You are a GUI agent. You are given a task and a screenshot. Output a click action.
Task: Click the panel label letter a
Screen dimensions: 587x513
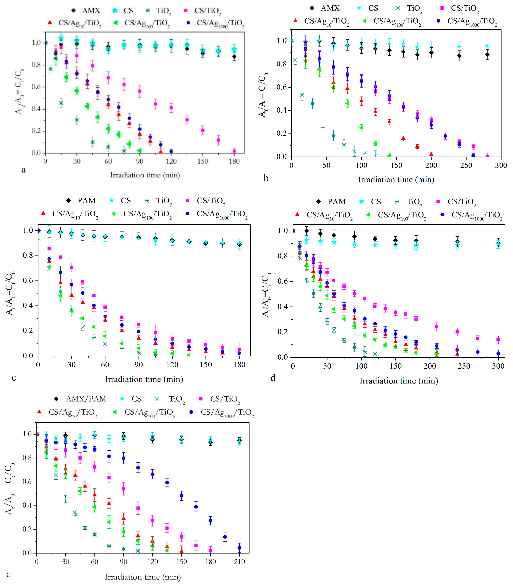pos(24,170)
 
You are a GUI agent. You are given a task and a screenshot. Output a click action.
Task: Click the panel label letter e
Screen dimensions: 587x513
pos(8,574)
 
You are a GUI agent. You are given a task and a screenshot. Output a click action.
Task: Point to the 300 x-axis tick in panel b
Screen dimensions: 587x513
pos(501,165)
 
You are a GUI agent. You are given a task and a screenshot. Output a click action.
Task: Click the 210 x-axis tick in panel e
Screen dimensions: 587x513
pos(239,562)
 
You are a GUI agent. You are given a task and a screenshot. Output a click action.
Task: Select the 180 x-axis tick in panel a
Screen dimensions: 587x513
pos(234,161)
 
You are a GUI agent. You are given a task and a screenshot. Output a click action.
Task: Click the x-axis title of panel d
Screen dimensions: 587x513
pos(399,381)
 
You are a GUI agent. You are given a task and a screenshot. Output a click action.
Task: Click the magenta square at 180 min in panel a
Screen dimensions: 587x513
pos(234,151)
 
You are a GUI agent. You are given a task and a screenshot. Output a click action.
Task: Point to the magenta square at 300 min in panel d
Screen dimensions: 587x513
pos(498,340)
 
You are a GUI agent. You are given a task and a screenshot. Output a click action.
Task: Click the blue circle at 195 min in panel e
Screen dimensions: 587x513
pos(225,537)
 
